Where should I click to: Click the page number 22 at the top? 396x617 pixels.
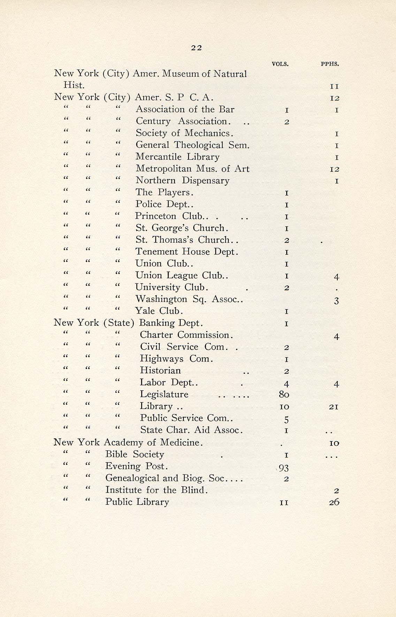coord(197,48)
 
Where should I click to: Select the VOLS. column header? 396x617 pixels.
coord(280,64)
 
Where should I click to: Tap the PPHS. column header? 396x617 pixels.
coord(330,64)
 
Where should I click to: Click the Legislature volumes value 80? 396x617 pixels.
coord(284,395)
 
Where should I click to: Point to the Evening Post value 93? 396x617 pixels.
coord(284,467)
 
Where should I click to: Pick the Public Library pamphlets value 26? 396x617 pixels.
coord(334,502)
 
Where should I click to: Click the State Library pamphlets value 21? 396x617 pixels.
coord(334,407)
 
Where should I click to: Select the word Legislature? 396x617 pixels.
coord(164,395)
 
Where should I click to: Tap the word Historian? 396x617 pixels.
coord(160,371)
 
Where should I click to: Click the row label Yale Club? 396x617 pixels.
coord(159,311)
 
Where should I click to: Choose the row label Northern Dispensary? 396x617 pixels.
coord(182,181)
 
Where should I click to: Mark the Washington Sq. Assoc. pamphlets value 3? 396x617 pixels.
coord(336,301)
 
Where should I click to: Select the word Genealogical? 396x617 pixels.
coord(133,478)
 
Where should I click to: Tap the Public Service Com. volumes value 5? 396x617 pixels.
coord(286,419)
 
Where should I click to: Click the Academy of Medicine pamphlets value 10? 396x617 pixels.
coord(334,443)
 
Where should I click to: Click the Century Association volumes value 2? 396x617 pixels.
coord(286,122)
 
